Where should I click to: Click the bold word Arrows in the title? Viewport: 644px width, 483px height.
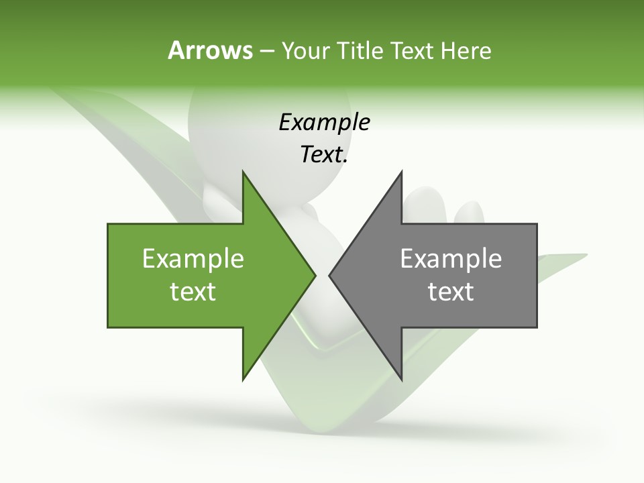(x=210, y=50)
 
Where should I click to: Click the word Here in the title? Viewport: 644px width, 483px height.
(x=466, y=50)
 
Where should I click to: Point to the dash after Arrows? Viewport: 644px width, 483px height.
(x=266, y=51)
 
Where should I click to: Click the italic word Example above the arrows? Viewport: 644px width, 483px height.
(x=324, y=123)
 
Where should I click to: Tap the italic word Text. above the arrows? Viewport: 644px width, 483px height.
(x=324, y=155)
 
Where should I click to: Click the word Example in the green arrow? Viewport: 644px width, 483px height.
(x=193, y=259)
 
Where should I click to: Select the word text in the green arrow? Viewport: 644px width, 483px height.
(x=193, y=292)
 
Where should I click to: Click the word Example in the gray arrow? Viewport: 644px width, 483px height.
(x=451, y=259)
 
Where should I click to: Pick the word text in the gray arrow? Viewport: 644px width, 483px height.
(x=451, y=292)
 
